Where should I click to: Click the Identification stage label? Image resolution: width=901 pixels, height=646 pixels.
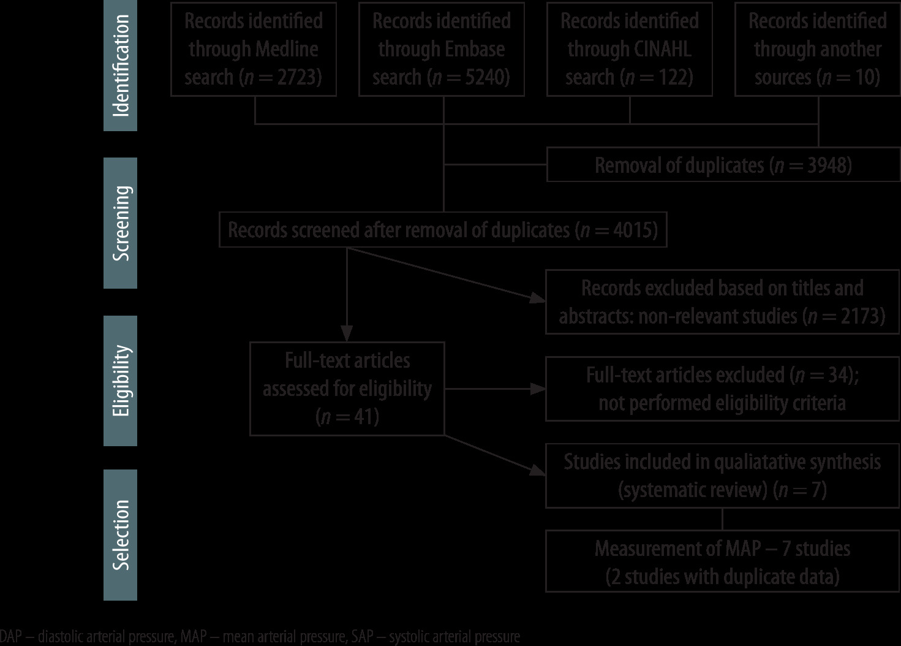(121, 66)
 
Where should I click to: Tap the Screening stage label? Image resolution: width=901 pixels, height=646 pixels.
(121, 223)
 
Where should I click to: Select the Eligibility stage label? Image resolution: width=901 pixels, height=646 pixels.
(121, 381)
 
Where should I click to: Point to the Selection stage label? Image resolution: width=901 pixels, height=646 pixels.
(121, 534)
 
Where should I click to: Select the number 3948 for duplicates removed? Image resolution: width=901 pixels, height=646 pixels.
(824, 165)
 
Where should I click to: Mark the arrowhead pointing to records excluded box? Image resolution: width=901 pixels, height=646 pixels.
(538, 298)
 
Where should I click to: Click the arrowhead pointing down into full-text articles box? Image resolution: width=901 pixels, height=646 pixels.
(347, 335)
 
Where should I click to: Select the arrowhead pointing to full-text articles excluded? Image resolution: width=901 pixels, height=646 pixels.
(538, 389)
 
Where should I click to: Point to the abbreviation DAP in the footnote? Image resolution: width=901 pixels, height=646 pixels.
(11, 637)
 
